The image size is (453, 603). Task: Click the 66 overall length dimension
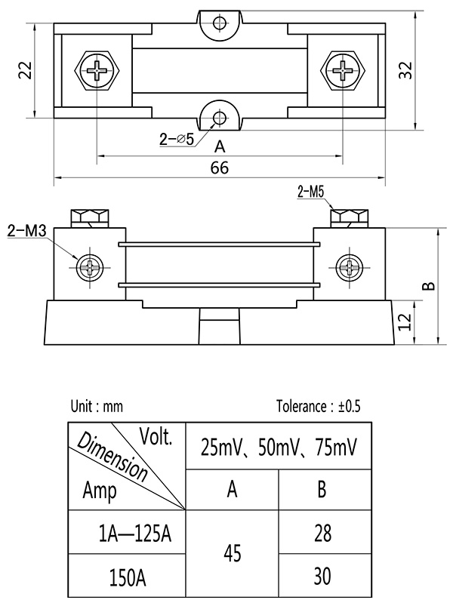219,168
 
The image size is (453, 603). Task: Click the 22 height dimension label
25,70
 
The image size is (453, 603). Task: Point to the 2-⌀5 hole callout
177,139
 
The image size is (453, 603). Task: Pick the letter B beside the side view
427,285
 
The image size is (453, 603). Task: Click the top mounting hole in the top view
220,22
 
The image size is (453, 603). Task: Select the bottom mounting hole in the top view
220,117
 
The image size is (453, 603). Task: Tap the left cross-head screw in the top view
99,72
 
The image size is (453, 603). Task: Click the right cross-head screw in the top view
343,72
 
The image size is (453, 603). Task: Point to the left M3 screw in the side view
91,266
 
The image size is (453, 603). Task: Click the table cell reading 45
233,554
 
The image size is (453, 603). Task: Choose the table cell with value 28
322,534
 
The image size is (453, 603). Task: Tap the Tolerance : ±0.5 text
319,406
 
